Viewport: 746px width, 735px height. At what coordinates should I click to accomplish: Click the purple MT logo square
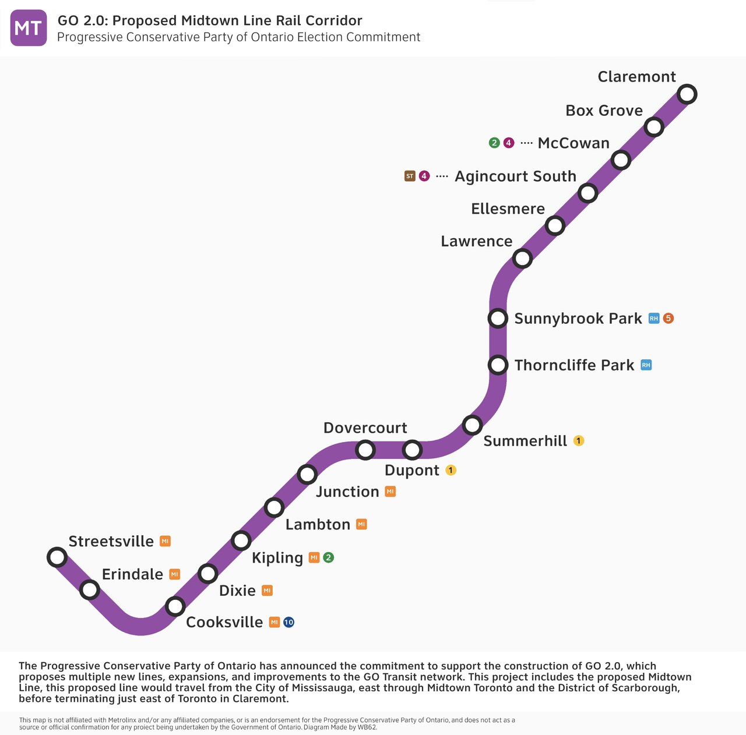29,28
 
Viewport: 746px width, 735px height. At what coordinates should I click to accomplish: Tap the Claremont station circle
687,94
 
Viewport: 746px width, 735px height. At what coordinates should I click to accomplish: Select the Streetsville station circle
57,557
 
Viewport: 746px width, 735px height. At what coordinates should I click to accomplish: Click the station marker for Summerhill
472,425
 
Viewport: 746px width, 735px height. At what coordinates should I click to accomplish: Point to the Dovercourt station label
365,428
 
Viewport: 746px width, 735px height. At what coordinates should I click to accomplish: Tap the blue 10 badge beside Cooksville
288,623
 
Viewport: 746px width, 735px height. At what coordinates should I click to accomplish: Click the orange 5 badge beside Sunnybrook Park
668,319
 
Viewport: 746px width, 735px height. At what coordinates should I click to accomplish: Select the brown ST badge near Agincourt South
410,176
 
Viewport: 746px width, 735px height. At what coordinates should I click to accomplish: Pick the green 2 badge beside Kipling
329,558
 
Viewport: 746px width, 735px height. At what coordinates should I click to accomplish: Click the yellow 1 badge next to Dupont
451,470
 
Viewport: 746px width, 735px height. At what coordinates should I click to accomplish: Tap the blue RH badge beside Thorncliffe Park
646,365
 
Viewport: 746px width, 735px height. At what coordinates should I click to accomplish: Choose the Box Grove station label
604,111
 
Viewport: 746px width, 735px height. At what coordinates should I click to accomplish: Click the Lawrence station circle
522,258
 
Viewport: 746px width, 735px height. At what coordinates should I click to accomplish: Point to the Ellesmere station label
508,209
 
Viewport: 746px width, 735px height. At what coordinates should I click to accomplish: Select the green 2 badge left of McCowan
494,143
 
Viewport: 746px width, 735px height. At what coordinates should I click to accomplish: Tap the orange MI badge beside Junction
390,492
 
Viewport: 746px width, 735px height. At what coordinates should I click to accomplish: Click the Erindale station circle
89,590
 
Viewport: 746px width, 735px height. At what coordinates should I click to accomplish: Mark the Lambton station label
318,525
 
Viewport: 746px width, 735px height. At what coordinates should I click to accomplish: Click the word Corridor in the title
334,21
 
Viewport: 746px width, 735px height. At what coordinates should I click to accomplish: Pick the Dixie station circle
208,574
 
